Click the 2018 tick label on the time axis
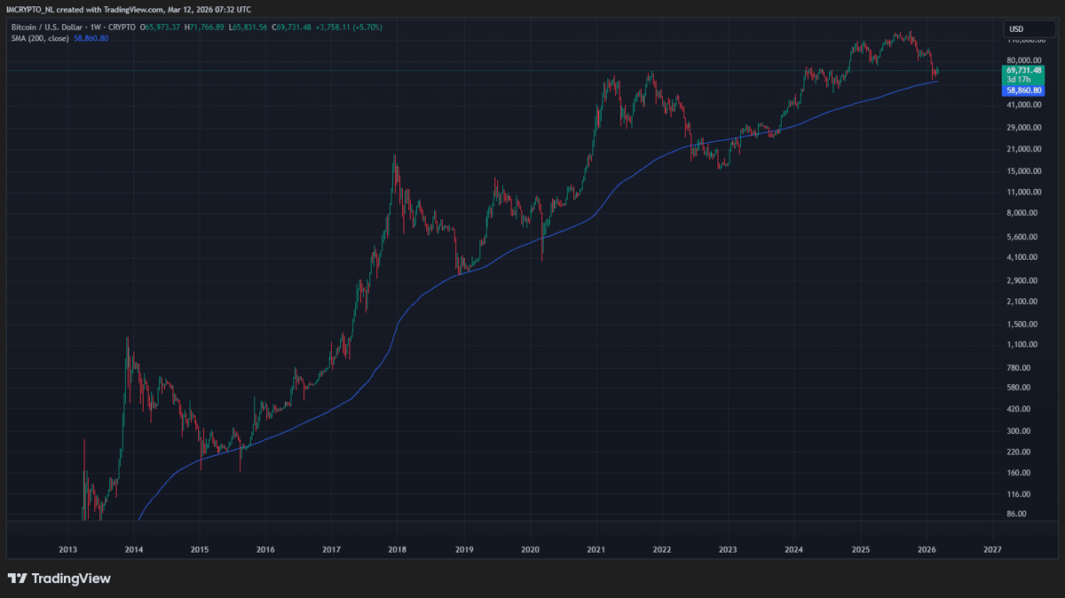(397, 549)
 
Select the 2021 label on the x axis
(596, 549)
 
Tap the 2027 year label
(992, 549)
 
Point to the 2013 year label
(67, 549)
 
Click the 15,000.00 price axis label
(1023, 171)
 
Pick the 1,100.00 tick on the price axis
(1023, 344)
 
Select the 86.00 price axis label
(1016, 514)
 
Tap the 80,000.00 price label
(1023, 60)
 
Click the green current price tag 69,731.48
(1023, 70)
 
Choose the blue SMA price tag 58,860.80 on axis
(1023, 90)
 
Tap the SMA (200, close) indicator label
(40, 38)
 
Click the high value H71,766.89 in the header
(204, 28)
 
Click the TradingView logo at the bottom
(59, 578)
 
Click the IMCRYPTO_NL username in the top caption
(30, 10)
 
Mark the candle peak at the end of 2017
(395, 154)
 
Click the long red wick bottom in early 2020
(542, 261)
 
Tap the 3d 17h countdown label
(1019, 79)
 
